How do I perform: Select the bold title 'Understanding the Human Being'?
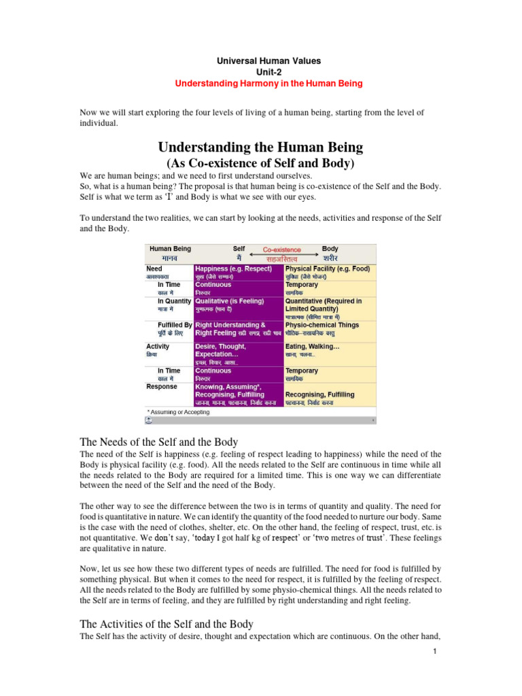(260, 147)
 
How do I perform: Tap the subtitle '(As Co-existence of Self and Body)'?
(260, 164)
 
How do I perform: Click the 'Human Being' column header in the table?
(170, 249)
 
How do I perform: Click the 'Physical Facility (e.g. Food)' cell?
(328, 269)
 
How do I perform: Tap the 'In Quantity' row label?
(175, 300)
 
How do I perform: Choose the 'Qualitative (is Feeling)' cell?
(230, 300)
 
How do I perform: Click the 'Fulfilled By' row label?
(175, 325)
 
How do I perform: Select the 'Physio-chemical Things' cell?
(323, 325)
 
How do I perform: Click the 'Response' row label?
(162, 386)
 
